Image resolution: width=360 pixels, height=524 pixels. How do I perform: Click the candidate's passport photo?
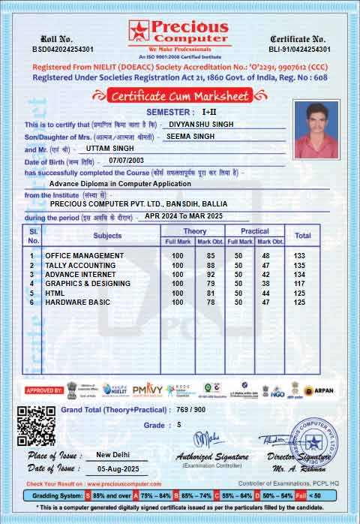(x=317, y=128)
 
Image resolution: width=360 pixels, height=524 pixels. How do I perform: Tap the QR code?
(x=36, y=425)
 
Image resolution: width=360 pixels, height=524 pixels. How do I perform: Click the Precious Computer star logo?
(x=139, y=30)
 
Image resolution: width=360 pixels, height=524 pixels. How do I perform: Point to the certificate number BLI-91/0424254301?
(x=298, y=48)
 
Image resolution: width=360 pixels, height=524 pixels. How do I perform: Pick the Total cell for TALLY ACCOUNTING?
(x=300, y=265)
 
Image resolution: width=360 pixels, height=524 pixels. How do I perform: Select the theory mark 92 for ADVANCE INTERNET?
(x=211, y=275)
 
